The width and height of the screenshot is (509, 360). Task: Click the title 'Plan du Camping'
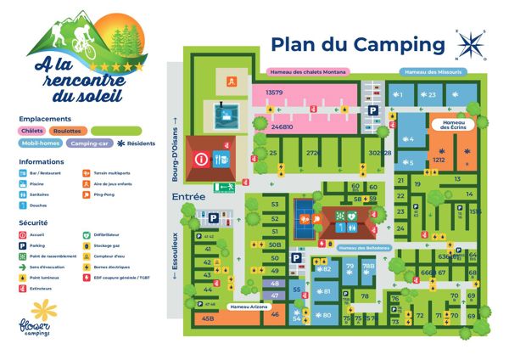[357, 44]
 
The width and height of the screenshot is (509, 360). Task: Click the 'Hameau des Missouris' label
[433, 72]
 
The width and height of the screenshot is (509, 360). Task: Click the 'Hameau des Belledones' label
[364, 248]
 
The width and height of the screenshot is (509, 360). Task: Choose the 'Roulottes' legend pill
[67, 131]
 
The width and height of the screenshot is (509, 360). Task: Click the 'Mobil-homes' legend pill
[41, 143]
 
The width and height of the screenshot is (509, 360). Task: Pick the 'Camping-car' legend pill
[90, 143]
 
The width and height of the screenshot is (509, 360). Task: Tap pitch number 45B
[208, 318]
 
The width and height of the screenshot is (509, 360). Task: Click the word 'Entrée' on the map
[188, 196]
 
